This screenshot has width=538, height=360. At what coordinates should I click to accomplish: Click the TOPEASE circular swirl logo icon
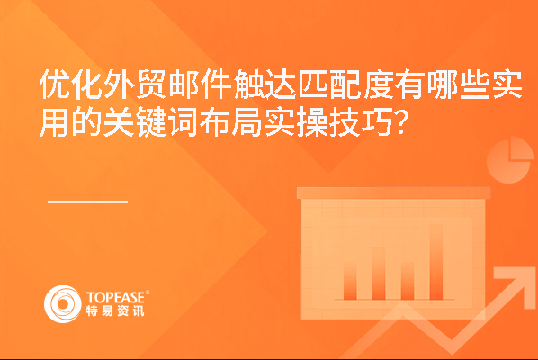63,304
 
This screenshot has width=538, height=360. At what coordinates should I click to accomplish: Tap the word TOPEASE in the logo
115,297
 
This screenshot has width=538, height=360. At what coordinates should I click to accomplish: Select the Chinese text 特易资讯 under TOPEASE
115,310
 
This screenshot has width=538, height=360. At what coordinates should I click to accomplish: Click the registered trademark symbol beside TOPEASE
148,292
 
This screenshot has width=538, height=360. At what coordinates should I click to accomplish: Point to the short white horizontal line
88,202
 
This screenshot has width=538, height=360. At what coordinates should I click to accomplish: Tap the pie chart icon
510,159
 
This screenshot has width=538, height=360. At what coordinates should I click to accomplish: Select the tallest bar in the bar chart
436,262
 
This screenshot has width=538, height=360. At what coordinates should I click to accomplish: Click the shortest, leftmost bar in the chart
350,281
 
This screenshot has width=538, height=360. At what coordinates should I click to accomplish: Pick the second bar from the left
379,274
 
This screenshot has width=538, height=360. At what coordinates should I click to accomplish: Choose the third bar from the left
408,281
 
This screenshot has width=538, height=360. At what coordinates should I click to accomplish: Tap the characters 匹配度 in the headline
345,85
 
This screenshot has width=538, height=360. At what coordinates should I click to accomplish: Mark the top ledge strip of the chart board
393,193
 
